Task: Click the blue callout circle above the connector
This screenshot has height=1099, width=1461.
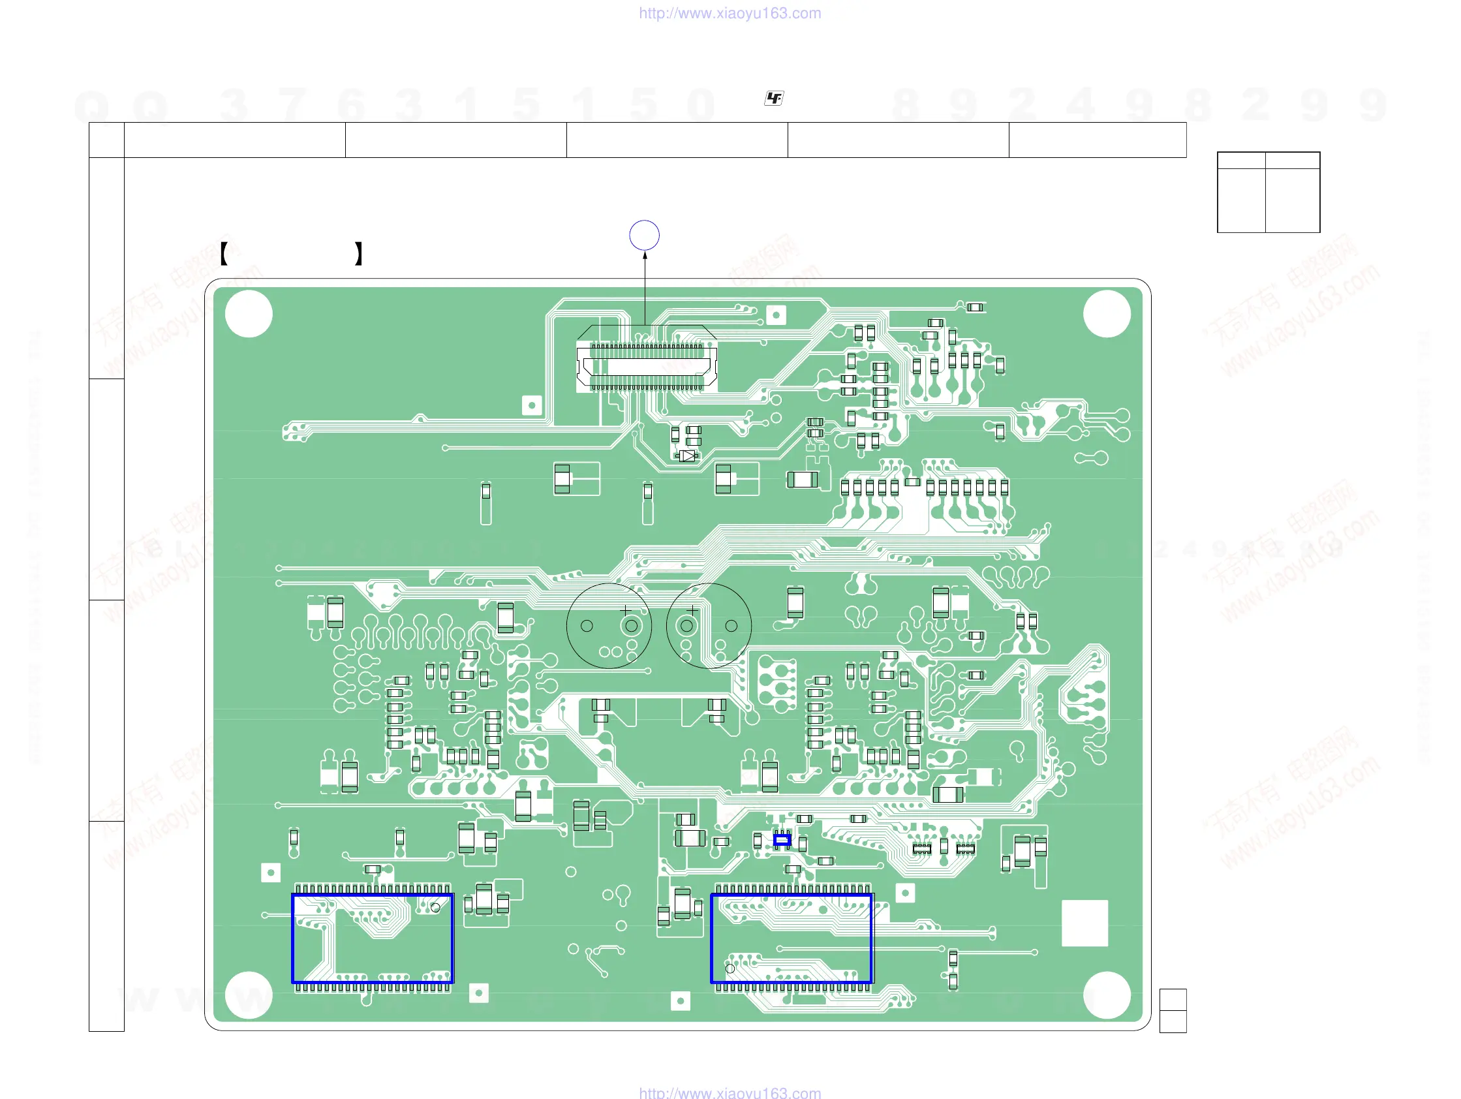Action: tap(644, 235)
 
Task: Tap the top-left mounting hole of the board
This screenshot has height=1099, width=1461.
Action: tap(249, 315)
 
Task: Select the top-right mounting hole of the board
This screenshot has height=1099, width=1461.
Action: tap(1106, 315)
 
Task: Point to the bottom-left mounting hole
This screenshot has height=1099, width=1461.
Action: tap(249, 995)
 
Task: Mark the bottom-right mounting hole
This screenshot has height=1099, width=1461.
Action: tap(1106, 995)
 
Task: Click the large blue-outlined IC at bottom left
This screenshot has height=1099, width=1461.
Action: tap(373, 938)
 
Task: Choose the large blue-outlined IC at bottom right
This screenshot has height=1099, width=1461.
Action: tap(792, 938)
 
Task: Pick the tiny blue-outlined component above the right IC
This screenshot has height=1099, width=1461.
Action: tap(782, 840)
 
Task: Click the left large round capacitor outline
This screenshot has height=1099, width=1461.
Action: tap(609, 625)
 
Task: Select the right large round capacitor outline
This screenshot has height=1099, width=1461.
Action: tap(709, 625)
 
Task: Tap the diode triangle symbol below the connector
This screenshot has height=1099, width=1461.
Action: tap(688, 456)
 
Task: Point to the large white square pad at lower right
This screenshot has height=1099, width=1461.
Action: tap(1084, 923)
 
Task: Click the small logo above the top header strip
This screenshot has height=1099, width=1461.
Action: tap(773, 99)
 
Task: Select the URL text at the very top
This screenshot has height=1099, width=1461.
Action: tap(730, 13)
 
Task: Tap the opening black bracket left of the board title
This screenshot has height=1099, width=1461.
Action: tap(224, 254)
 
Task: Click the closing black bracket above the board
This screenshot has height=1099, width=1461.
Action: tap(359, 254)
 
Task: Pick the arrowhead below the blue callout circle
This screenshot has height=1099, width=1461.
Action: tap(645, 256)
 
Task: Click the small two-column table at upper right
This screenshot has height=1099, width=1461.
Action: tap(1268, 192)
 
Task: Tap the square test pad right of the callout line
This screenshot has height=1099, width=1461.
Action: tap(776, 315)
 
